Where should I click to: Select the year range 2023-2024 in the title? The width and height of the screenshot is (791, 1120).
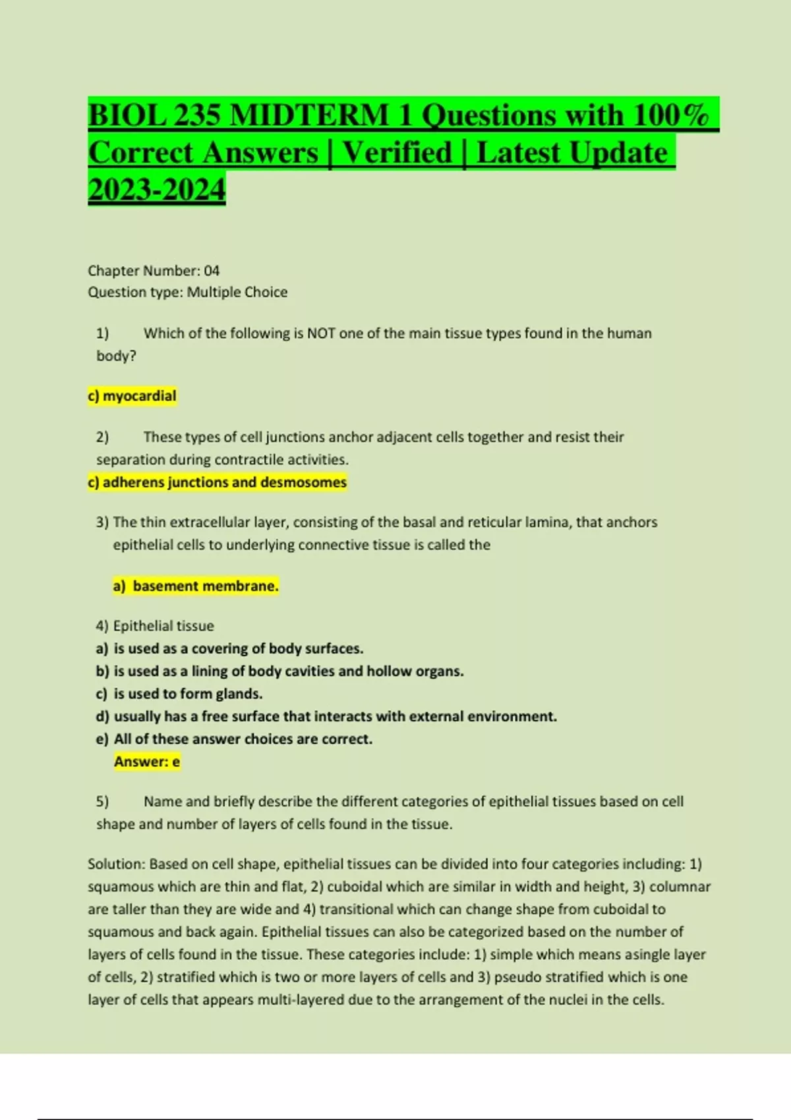point(156,190)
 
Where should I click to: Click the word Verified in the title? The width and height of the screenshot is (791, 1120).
point(397,153)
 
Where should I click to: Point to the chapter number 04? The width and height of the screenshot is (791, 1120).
point(212,271)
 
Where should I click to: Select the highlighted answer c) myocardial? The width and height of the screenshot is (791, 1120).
point(132,396)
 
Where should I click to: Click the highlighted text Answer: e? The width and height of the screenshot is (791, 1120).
point(146,762)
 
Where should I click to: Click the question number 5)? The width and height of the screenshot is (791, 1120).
point(102,802)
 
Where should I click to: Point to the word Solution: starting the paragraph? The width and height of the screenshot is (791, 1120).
point(116,864)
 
